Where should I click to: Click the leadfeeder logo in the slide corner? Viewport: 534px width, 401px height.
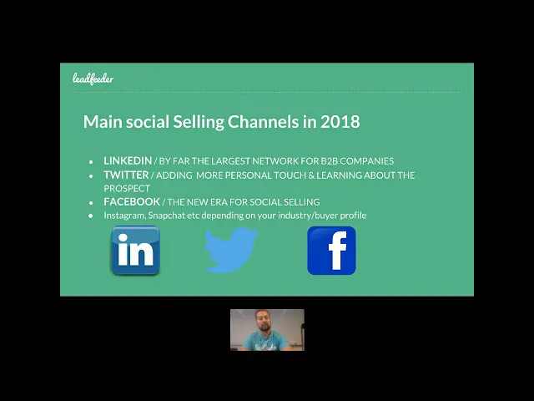93,79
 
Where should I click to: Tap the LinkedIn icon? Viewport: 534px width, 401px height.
135,251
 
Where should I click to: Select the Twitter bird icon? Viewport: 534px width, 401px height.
231,250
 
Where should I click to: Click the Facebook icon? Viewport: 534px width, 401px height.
332,251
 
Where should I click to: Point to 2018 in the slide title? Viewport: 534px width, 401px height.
340,122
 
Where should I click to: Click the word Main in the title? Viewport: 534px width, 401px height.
103,122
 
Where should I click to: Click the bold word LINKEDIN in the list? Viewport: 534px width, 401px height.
128,160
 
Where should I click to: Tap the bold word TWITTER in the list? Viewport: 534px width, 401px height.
126,175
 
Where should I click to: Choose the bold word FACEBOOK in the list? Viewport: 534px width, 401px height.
132,201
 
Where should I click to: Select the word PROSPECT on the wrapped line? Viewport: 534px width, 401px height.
127,188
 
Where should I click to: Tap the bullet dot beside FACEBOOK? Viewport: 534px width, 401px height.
91,202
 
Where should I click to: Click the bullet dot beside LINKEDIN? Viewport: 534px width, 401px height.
91,161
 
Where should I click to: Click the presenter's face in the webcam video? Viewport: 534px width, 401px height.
262,321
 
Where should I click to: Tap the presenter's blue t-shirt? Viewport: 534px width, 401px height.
266,342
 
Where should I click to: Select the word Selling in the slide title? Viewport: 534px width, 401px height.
199,122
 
